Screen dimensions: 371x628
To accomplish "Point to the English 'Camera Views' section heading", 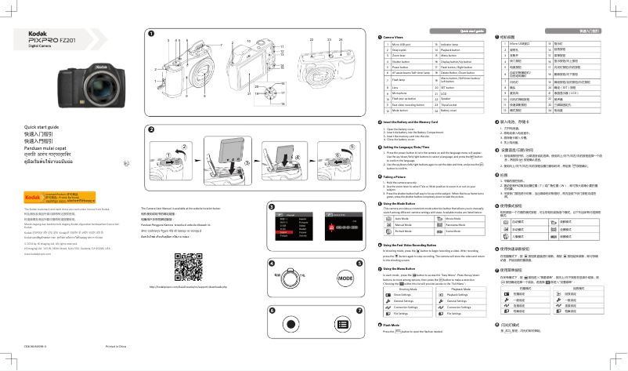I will pyautogui.click(x=398, y=37).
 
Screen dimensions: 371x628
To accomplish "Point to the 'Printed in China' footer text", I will pyautogui.click(x=95, y=365).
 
